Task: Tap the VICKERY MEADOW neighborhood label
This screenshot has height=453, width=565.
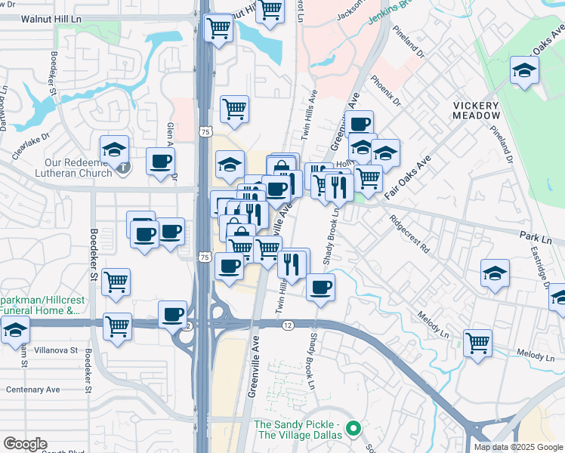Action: (476, 110)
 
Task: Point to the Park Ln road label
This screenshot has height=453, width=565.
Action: (536, 237)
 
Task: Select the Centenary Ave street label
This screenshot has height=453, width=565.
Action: (32, 390)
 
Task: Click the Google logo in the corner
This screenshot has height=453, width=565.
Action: (25, 443)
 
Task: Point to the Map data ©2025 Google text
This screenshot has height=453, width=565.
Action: (518, 447)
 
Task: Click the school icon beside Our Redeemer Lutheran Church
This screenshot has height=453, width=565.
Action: (114, 149)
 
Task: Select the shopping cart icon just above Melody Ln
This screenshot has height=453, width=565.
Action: (477, 343)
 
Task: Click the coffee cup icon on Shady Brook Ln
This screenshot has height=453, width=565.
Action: (320, 288)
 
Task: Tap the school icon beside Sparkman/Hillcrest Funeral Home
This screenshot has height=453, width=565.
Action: (14, 330)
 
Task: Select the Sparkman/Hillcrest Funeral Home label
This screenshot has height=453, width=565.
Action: (42, 304)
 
